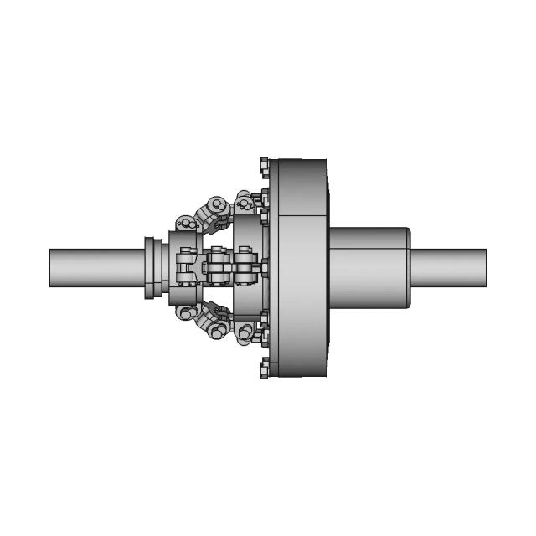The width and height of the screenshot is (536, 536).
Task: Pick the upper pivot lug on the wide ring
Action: pyautogui.click(x=245, y=203)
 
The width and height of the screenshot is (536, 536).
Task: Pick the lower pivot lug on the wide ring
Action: pyautogui.click(x=245, y=332)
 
